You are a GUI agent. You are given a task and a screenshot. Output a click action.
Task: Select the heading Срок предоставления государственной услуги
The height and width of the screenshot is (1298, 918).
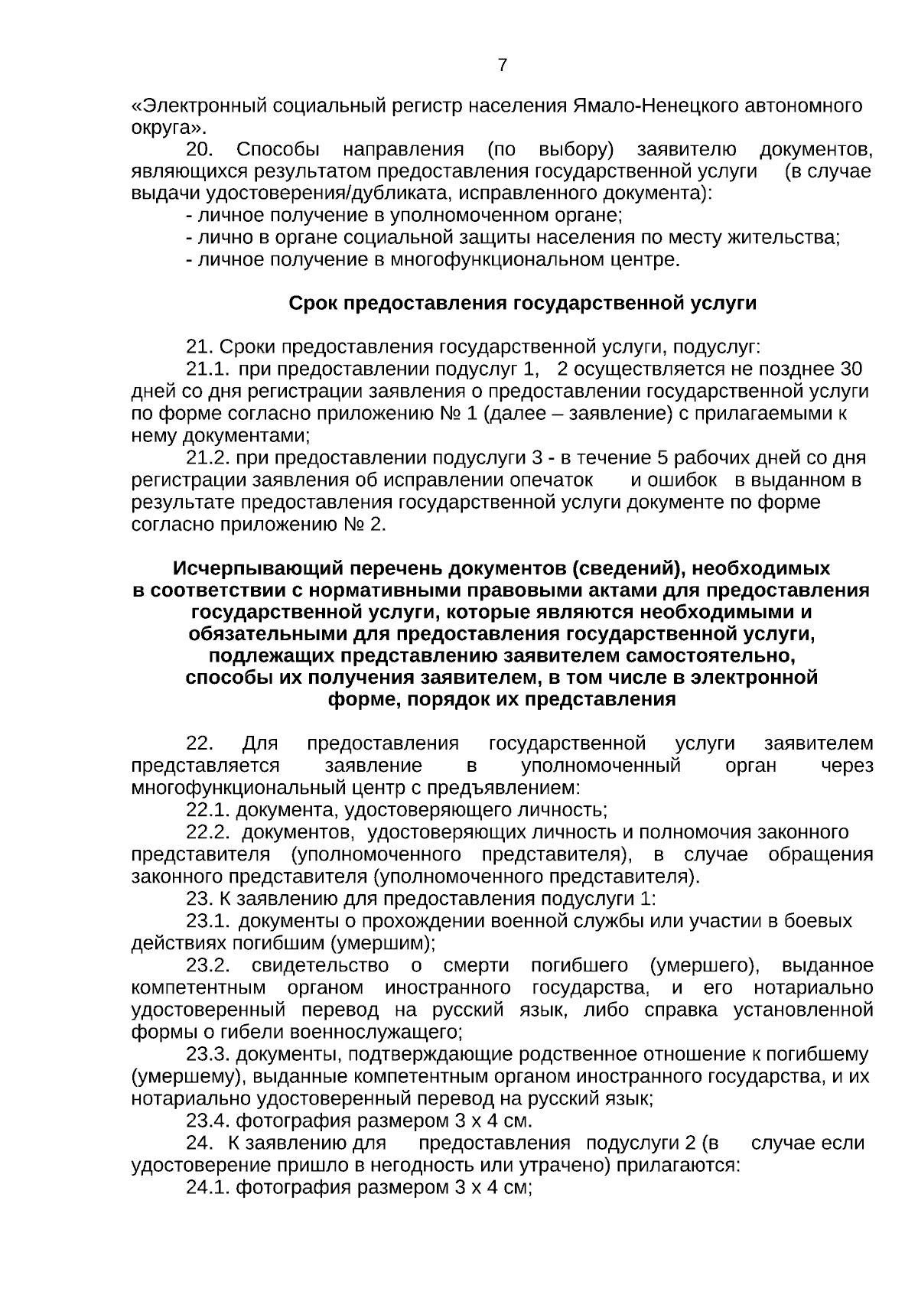(x=522, y=304)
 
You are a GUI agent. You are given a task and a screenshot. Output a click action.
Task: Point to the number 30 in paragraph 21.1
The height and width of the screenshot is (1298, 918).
(x=851, y=369)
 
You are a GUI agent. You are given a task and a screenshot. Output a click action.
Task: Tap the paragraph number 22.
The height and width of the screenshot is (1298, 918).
(x=200, y=743)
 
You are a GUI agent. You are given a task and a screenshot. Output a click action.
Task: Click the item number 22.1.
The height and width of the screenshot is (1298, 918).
(x=208, y=810)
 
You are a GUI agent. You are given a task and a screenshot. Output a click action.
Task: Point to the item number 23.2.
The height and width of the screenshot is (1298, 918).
(x=208, y=966)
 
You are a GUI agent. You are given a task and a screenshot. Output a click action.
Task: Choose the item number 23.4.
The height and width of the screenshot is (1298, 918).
(x=208, y=1121)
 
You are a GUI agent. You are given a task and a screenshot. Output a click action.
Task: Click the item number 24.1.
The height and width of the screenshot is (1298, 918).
(x=208, y=1188)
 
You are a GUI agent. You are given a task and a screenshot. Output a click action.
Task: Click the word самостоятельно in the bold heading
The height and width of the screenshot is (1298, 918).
(x=714, y=656)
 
